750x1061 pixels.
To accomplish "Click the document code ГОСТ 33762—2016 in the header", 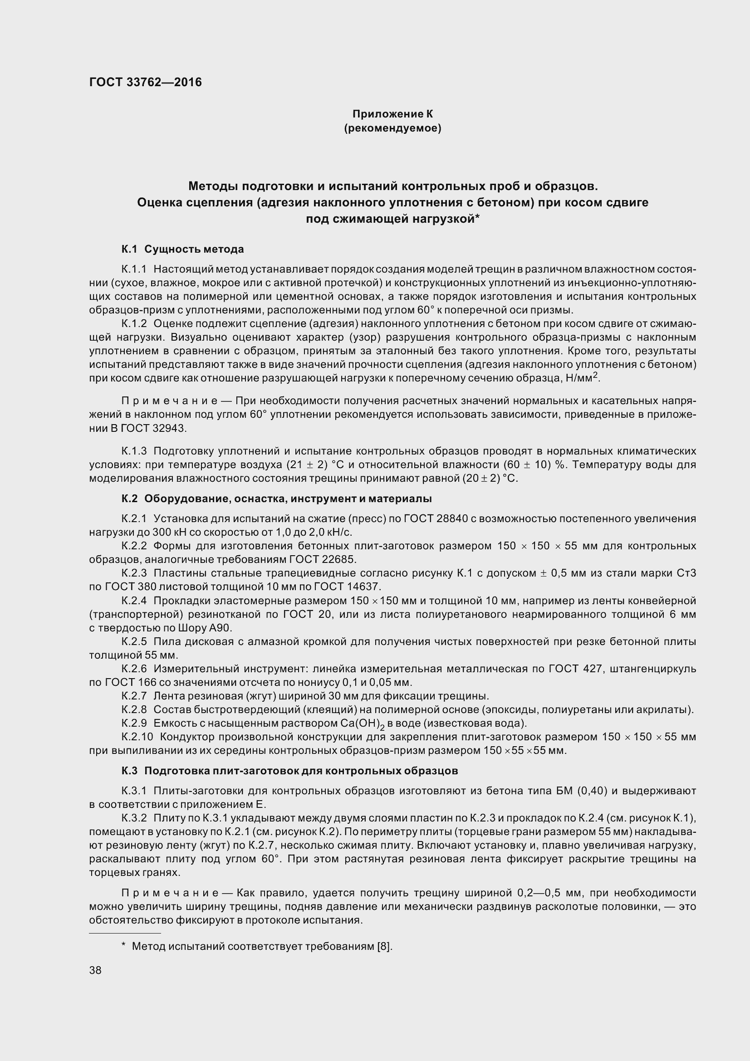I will pos(146,82).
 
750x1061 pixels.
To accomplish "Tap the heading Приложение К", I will pos(392,114).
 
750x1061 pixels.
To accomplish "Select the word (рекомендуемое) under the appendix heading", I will pos(392,128).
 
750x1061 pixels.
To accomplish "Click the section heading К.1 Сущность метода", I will pos(182,249).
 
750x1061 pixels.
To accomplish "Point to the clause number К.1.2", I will pos(134,324).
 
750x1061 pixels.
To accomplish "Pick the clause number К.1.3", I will pos(134,451).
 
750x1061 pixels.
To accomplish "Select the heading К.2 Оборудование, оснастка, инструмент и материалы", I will pos(276,499).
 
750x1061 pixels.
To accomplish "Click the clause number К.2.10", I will pos(137,737).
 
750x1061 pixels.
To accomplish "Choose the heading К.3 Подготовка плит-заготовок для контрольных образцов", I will pos(290,771).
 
